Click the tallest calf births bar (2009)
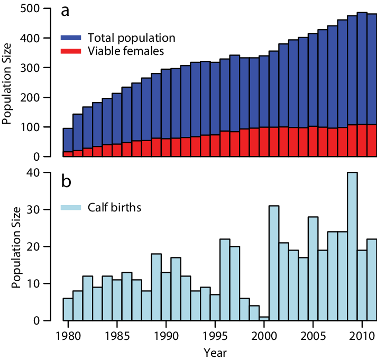click(x=352, y=246)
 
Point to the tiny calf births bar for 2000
click(x=264, y=318)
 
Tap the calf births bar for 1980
click(x=68, y=309)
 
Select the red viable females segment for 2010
click(x=362, y=141)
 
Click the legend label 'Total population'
click(x=131, y=39)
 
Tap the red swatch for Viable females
click(x=71, y=51)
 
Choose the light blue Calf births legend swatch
click(x=71, y=207)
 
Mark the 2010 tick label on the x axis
click(x=362, y=337)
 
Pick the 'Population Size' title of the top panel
click(x=7, y=84)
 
